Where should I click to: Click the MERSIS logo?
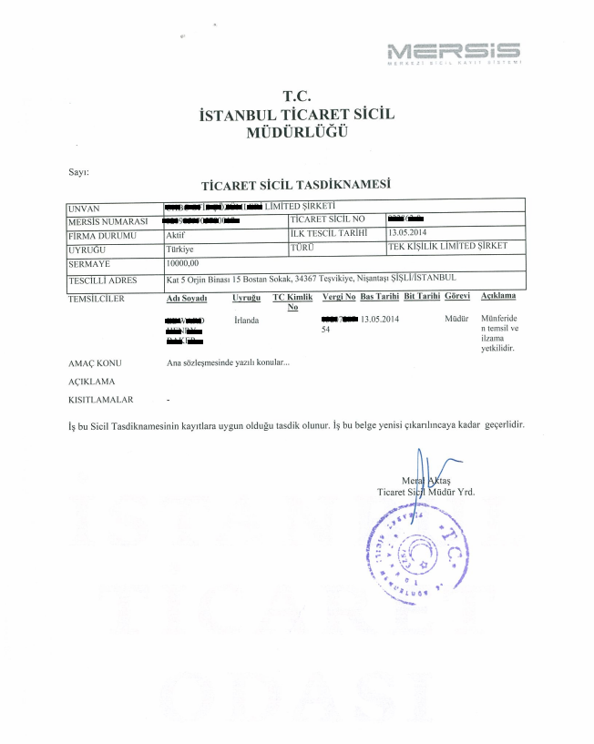pos(453,52)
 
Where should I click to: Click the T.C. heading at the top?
pos(297,95)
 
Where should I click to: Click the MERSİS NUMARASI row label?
pos(108,220)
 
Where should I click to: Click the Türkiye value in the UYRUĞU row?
pos(180,248)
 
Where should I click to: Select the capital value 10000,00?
pos(182,262)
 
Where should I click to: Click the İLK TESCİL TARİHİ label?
pos(327,234)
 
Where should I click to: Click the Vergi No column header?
pos(339,298)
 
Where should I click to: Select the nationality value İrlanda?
pos(246,320)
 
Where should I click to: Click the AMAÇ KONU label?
pos(95,362)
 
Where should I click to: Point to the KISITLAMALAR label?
pos(101,399)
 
